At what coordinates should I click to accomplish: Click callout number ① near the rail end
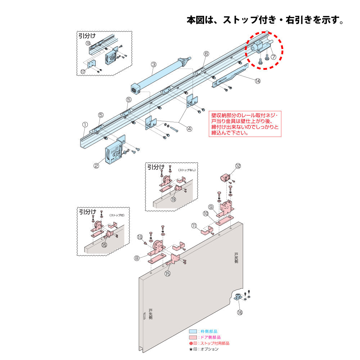[x=85, y=124]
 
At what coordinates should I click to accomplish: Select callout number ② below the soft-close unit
[x=96, y=166]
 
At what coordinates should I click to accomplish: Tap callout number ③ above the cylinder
[x=153, y=65]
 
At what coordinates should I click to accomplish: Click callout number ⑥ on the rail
[x=206, y=54]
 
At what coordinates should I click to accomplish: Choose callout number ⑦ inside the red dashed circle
[x=273, y=57]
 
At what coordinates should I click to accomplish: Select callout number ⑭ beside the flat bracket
[x=257, y=81]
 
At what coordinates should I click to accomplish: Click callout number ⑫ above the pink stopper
[x=238, y=166]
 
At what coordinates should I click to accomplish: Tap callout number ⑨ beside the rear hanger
[x=211, y=207]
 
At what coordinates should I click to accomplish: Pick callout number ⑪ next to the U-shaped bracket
[x=194, y=226]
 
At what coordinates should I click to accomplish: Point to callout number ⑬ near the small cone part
[x=140, y=237]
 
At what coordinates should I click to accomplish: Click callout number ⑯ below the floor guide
[x=240, y=312]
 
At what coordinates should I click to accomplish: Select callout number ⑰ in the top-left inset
[x=83, y=72]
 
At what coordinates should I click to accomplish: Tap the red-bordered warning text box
[x=245, y=123]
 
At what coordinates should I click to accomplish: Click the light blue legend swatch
[x=193, y=331]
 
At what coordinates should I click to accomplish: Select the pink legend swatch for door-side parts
[x=193, y=337]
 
